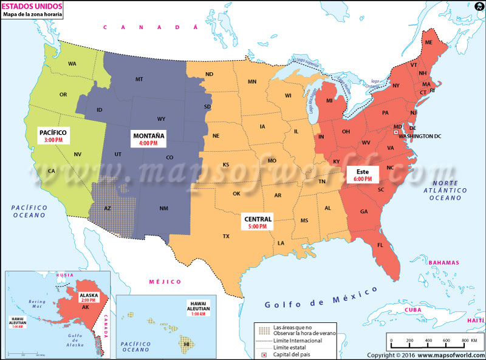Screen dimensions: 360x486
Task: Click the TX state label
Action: point(226,236)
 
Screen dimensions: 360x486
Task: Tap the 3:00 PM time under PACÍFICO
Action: point(53,140)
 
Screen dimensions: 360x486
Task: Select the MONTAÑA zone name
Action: point(149,135)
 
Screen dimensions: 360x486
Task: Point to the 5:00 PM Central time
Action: point(258,226)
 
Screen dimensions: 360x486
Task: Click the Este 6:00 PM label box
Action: point(363,175)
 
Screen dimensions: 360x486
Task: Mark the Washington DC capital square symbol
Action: point(396,132)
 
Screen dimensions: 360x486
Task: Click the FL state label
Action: point(380,245)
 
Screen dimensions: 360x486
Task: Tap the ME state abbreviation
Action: point(428,42)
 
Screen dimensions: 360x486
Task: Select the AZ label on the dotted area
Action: point(108,208)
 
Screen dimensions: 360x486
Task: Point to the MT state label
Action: point(139,80)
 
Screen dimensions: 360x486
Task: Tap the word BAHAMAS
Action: point(443,263)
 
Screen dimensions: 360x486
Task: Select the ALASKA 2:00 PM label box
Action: point(89,297)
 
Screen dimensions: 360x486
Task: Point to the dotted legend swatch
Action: point(263,330)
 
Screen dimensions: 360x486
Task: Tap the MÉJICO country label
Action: point(165,282)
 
